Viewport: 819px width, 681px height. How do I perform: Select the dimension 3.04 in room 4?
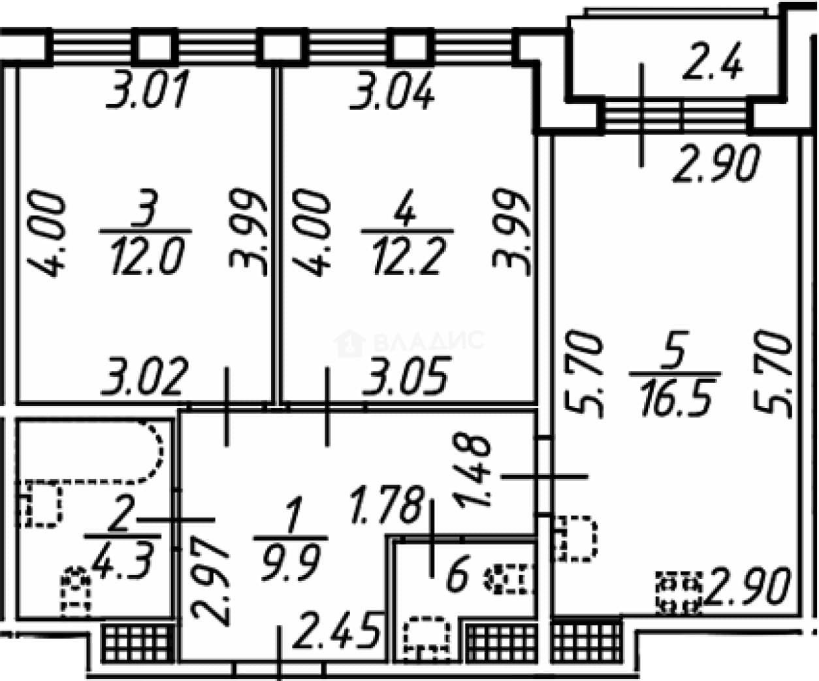393,90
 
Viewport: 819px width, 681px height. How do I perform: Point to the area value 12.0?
148,256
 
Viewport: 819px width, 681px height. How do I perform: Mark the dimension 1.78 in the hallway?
387,505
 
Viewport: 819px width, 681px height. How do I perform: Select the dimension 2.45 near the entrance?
336,631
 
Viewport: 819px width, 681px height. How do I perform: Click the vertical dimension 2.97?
210,583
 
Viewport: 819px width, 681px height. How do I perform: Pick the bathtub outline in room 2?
161,452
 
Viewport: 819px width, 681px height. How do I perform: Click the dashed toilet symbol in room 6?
510,578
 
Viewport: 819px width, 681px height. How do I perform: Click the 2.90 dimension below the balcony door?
716,163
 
